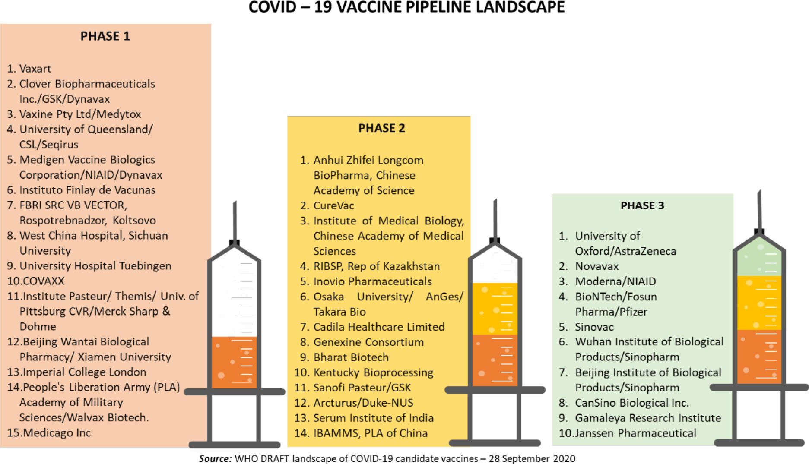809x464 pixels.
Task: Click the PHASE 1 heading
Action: point(105,36)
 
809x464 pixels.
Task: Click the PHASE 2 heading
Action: point(381,128)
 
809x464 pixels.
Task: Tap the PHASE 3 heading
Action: point(642,206)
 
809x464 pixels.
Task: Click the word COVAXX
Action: point(43,281)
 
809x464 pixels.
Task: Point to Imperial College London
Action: point(84,372)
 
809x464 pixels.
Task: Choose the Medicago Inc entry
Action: point(57,432)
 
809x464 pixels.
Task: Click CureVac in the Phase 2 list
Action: point(333,205)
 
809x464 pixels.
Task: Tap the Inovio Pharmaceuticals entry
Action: point(372,281)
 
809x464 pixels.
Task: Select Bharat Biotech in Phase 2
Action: point(351,357)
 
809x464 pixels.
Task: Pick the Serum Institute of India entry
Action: point(373,418)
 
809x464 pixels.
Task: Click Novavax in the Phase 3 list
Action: point(596,266)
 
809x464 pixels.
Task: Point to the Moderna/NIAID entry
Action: point(615,281)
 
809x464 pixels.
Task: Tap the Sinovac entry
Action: point(594,327)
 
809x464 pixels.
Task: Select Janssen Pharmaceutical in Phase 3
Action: point(635,433)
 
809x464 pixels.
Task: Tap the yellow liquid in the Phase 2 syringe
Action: point(495,309)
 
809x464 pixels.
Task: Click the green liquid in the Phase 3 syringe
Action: point(759,261)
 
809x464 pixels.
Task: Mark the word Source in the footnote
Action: point(215,458)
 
